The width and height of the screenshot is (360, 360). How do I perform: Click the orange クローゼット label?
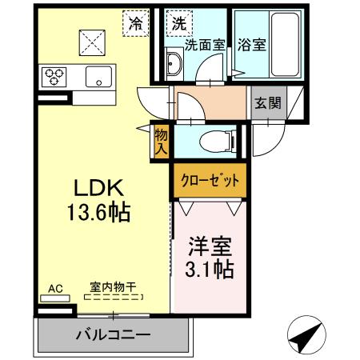(x=209, y=180)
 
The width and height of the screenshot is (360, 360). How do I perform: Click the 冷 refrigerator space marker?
(x=136, y=23)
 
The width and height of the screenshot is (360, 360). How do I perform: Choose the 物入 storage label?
(x=161, y=141)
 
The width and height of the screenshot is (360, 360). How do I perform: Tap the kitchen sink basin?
(x=99, y=78)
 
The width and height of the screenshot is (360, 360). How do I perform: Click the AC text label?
(x=56, y=289)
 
